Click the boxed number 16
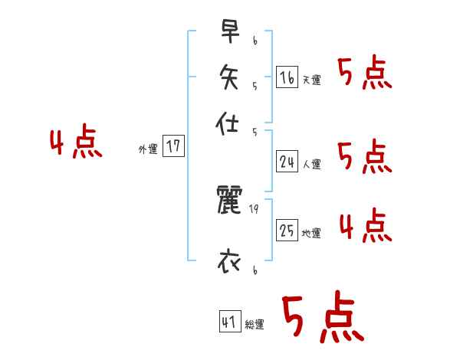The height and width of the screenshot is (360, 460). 287,77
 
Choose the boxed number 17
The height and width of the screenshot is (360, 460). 174,147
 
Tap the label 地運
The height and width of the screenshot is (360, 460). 311,233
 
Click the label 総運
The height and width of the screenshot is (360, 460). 254,324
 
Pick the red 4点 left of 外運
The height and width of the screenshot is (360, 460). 76,143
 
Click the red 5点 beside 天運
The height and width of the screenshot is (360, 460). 364,74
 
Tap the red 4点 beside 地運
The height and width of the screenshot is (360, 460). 365,226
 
